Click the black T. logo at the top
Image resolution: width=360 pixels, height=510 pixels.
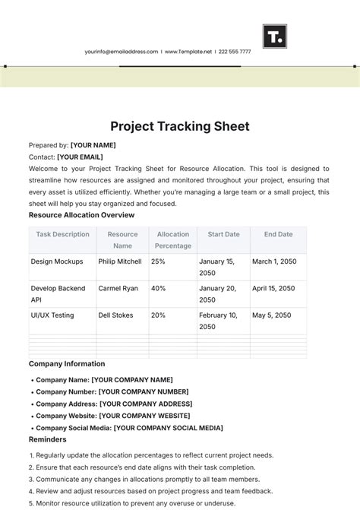tap(274, 36)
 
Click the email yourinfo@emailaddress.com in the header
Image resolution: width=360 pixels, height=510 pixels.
tap(122, 52)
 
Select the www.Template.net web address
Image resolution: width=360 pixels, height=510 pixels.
tap(190, 52)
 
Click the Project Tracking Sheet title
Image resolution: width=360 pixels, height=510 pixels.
tap(180, 126)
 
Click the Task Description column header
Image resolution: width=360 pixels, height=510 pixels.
tap(62, 235)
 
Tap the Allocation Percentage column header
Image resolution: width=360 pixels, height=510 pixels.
tap(173, 240)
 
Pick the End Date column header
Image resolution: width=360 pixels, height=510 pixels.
tap(278, 235)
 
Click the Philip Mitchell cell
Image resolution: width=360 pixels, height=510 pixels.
tap(120, 261)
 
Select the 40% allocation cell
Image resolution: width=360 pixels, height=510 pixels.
tap(159, 289)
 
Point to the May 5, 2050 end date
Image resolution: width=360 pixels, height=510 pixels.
tap(272, 315)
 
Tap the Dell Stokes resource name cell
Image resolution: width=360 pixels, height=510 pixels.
tap(116, 315)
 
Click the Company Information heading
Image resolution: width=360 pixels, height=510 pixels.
tap(67, 364)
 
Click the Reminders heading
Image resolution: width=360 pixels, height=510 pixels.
tap(48, 439)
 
